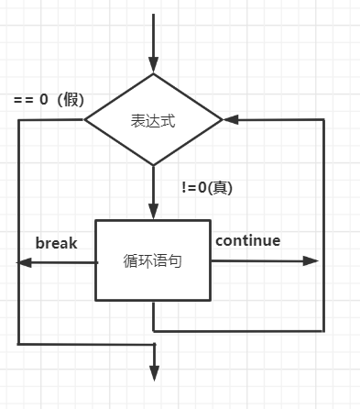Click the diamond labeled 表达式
(x=154, y=120)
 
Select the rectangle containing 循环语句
(x=153, y=260)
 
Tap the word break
(x=56, y=243)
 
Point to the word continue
(x=247, y=241)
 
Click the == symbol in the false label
(x=25, y=100)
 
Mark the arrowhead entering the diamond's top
(x=154, y=65)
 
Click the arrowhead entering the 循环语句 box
(x=154, y=211)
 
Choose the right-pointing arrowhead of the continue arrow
(x=311, y=261)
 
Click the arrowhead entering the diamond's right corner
(x=231, y=120)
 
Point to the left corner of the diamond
(x=85, y=120)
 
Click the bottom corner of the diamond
(x=154, y=166)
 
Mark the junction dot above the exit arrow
(x=154, y=345)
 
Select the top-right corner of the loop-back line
(x=324, y=120)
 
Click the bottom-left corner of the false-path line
(x=17, y=344)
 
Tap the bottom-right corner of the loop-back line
(x=324, y=329)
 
